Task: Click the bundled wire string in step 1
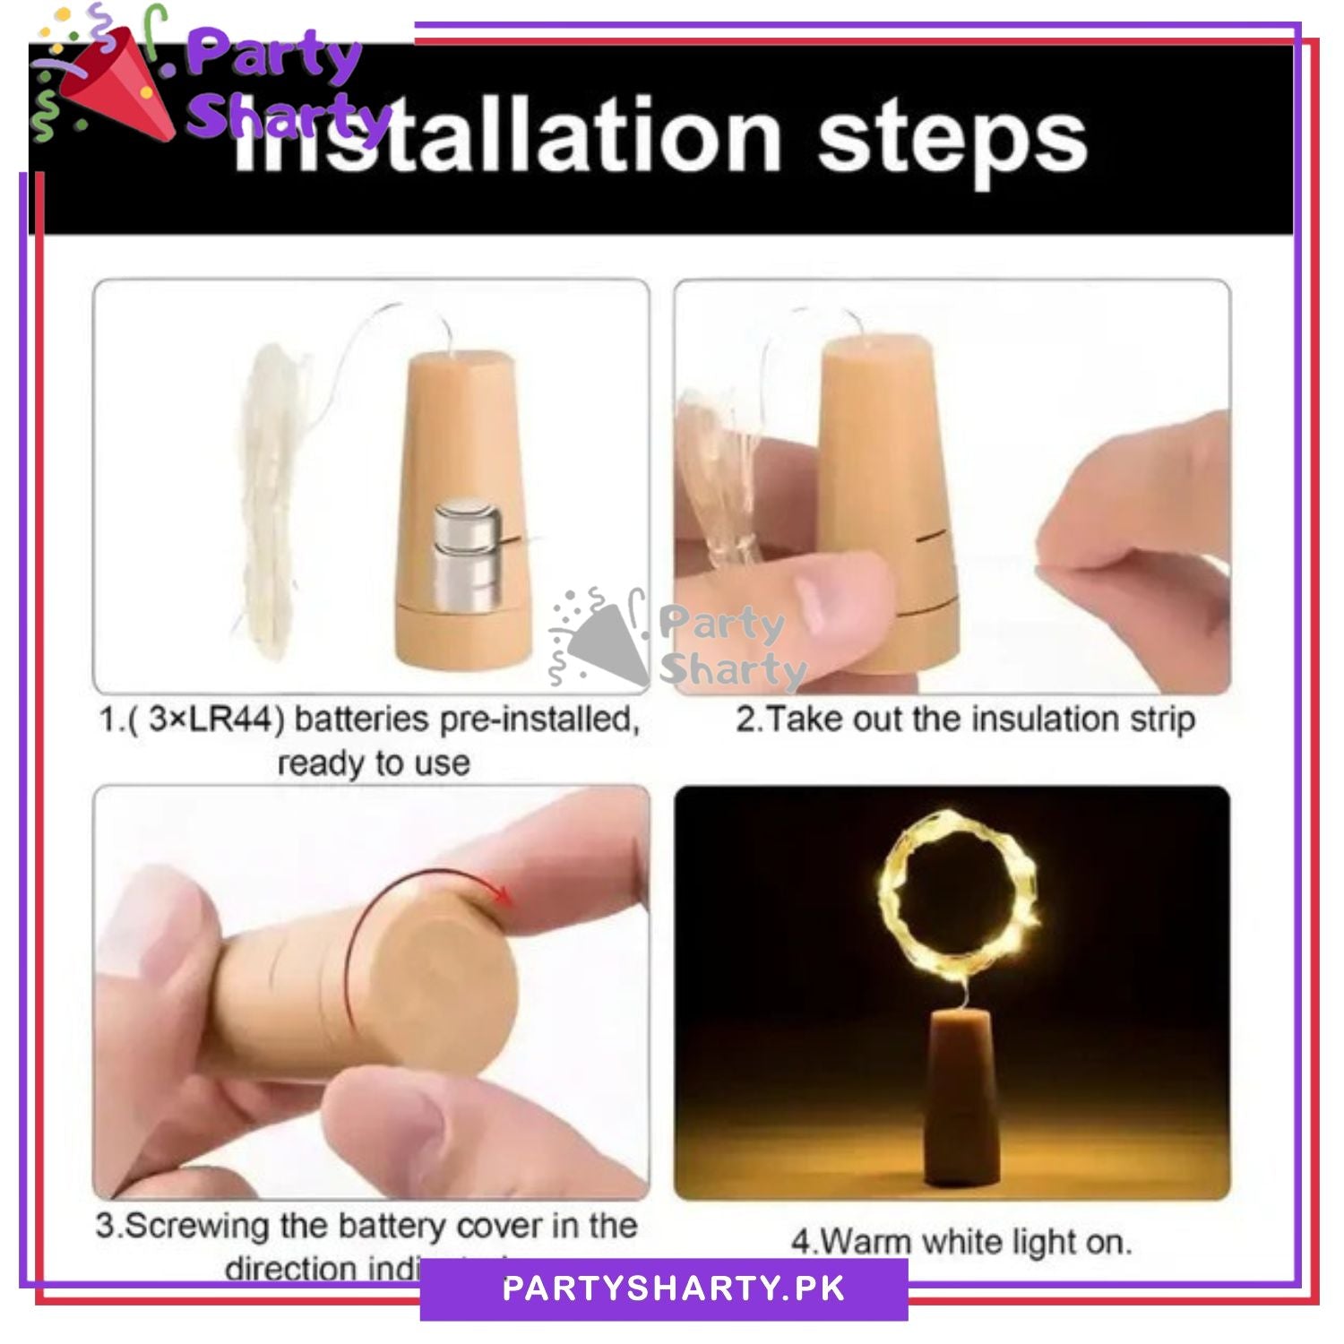[273, 502]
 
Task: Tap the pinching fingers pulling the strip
[1120, 520]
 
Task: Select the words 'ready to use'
[374, 763]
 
